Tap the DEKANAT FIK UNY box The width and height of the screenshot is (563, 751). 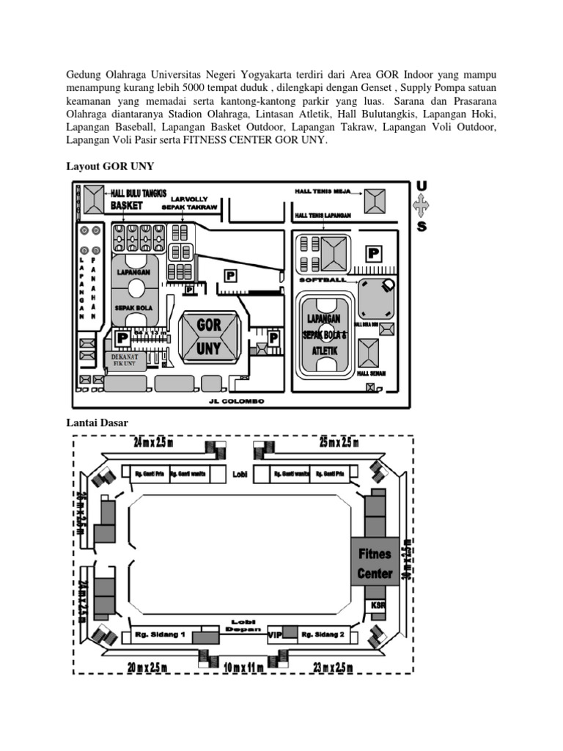point(124,359)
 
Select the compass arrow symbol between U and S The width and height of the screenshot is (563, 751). point(422,207)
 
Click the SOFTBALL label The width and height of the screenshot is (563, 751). point(322,280)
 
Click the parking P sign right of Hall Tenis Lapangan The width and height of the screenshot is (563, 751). point(374,254)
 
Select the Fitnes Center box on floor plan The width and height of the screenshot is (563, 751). point(375,563)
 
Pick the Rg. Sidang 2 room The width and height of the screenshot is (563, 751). point(323,634)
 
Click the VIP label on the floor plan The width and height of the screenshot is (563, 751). point(275,633)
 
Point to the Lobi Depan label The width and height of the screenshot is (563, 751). point(243,624)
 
